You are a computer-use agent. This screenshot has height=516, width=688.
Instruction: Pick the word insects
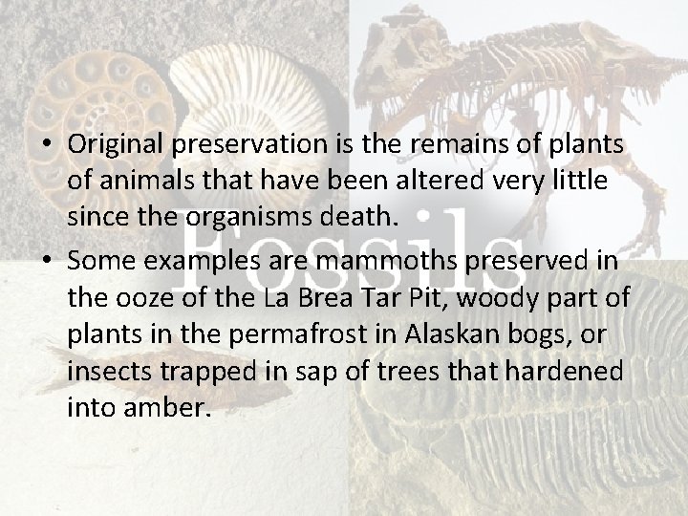[105, 371]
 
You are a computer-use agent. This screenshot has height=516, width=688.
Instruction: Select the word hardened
[581, 371]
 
